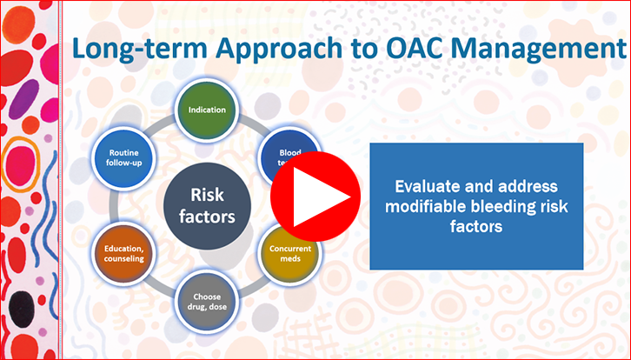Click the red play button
[315, 199]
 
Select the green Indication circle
[206, 110]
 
